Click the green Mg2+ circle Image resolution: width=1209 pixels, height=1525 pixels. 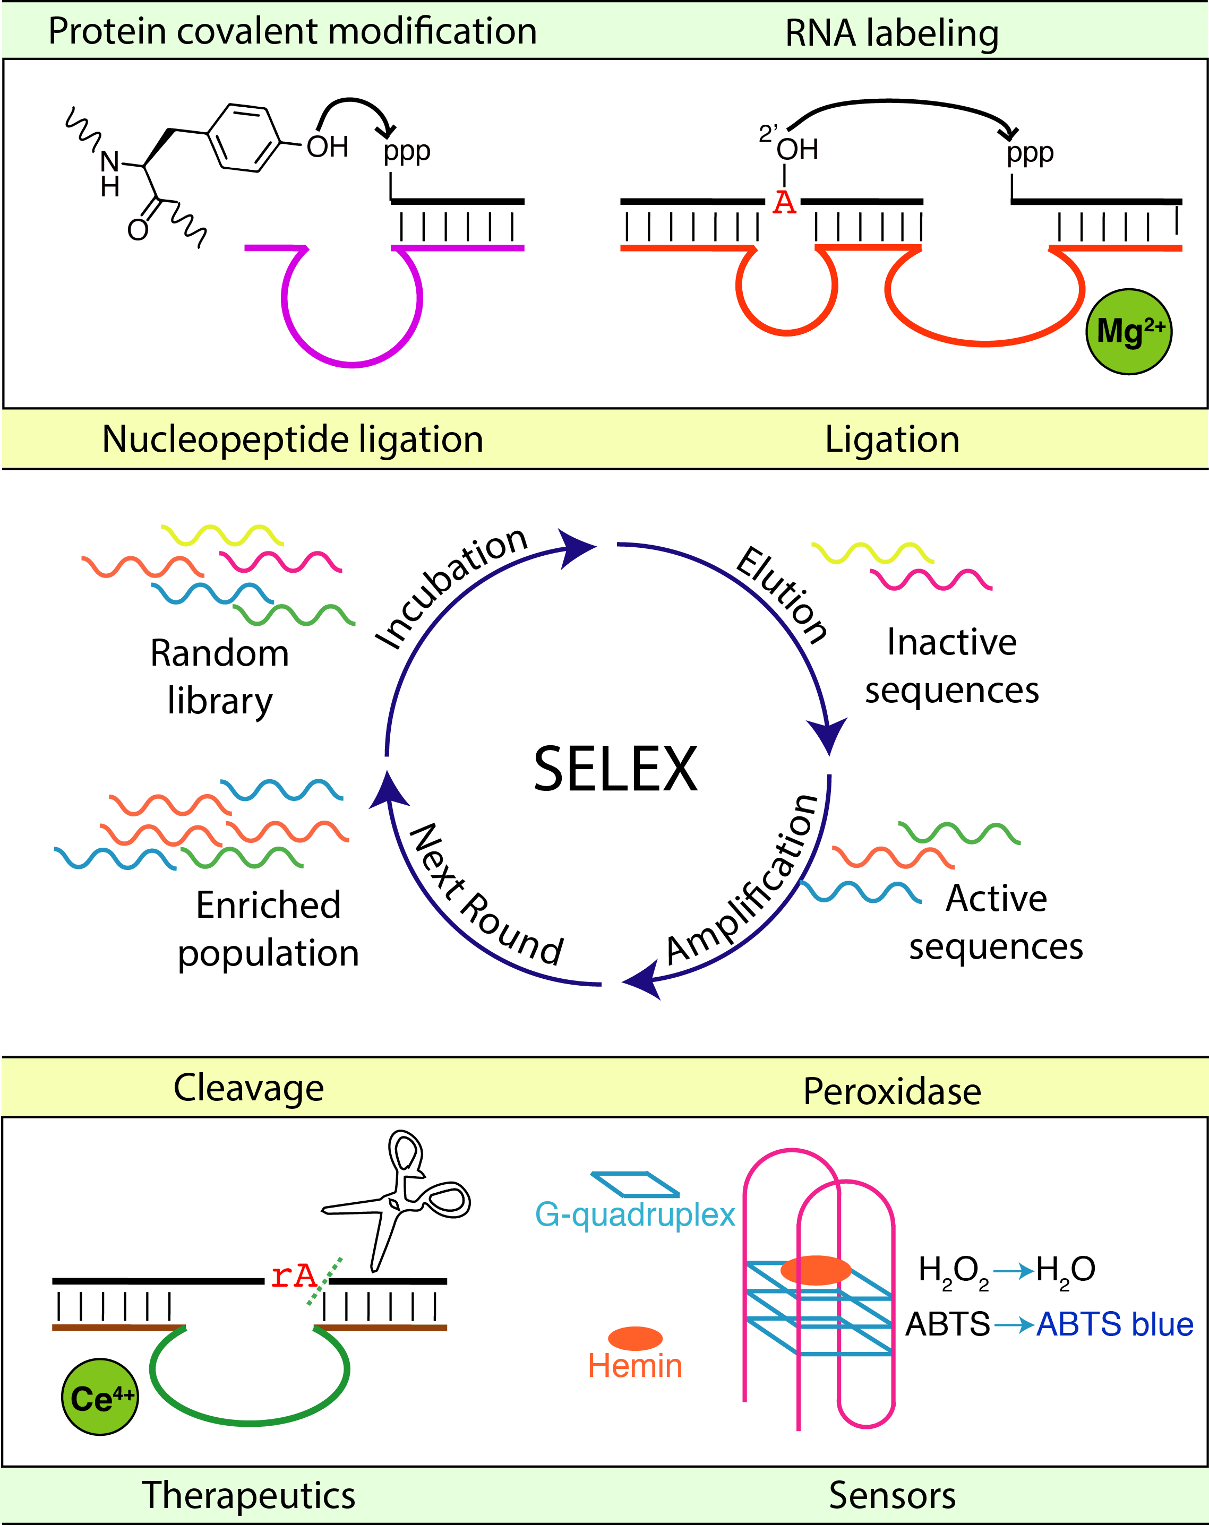1128,331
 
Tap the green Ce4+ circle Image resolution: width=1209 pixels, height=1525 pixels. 100,1397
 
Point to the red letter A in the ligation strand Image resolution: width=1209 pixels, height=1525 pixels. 784,203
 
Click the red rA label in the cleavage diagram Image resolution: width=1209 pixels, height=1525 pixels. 294,1276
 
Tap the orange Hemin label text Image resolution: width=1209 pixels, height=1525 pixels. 634,1366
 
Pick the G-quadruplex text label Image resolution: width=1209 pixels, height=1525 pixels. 634,1214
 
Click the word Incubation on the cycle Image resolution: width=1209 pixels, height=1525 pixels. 451,587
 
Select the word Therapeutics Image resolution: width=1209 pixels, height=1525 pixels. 248,1495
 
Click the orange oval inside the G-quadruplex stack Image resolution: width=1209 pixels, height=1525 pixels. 815,1270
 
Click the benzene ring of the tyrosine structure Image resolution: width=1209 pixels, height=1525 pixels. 244,138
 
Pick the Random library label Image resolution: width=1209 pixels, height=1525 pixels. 219,676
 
